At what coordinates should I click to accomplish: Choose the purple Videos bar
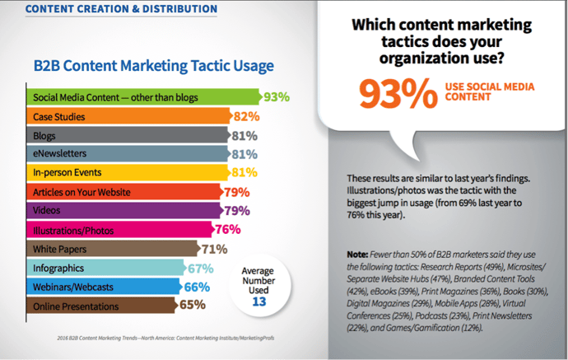coord(123,210)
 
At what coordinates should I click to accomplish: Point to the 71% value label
coord(216,248)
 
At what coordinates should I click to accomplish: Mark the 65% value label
coord(193,306)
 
